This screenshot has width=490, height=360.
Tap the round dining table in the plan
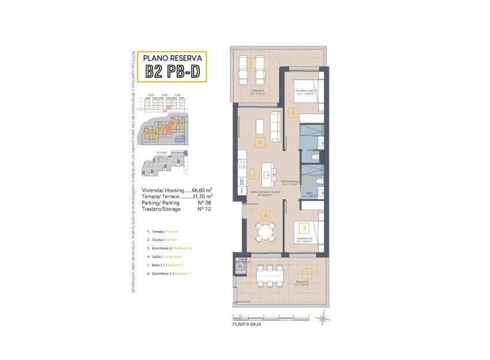(x=266, y=233)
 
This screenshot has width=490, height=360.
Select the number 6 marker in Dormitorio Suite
(x=293, y=113)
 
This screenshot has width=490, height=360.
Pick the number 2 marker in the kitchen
(x=254, y=173)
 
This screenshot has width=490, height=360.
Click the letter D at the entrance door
(x=251, y=210)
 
